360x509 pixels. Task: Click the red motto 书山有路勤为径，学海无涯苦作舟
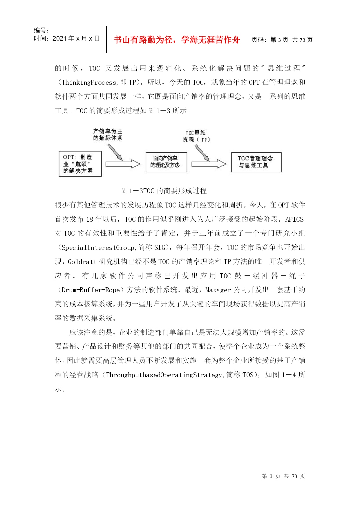click(177, 40)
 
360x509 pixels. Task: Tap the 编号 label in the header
click(41, 30)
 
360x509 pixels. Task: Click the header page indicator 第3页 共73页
click(282, 40)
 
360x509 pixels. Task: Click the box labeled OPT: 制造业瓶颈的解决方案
click(80, 164)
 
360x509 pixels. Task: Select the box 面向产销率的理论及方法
click(166, 162)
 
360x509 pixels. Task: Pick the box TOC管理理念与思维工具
click(256, 162)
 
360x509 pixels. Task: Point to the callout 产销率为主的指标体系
click(108, 135)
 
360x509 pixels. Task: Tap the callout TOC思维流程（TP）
click(196, 136)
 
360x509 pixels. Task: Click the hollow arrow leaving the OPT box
click(123, 164)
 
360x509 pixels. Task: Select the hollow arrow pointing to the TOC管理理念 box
click(209, 164)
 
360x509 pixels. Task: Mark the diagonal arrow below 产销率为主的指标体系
click(115, 152)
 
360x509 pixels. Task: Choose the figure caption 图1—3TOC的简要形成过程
click(163, 191)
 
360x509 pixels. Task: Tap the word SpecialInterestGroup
click(98, 248)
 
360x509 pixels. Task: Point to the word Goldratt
click(82, 262)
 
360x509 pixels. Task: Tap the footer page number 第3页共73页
click(283, 476)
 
